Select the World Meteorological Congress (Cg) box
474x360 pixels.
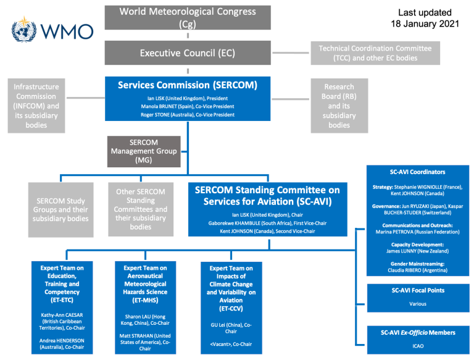[187, 17]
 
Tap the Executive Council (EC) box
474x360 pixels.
[187, 53]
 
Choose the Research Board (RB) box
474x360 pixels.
[339, 105]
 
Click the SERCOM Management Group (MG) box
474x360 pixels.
[144, 151]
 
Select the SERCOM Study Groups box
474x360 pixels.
[60, 209]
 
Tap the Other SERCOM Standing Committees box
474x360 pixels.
[141, 209]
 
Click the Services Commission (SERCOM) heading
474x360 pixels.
[188, 85]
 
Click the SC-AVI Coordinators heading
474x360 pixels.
[418, 172]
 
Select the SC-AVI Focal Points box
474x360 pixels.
[418, 296]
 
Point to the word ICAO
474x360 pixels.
[418, 346]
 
